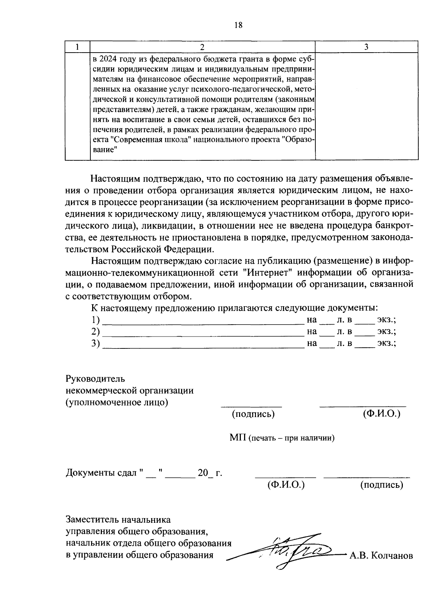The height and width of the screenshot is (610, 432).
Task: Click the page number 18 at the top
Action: pos(238,25)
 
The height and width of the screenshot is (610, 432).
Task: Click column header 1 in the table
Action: pos(77,47)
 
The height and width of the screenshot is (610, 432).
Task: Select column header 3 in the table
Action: pos(366,47)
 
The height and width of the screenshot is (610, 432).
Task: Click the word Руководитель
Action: pos(95,379)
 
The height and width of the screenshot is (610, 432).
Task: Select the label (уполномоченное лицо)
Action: pos(117,402)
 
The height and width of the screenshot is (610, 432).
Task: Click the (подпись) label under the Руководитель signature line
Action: pos(253,414)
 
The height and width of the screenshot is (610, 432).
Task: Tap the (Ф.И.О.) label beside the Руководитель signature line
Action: pos(382,414)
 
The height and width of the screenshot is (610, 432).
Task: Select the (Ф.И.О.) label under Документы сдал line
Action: pos(286,485)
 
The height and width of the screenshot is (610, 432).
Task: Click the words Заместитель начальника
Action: pos(118,520)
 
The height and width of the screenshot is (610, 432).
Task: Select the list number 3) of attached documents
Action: pos(95,343)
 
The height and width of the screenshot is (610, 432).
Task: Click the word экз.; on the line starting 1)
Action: pos(386,320)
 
